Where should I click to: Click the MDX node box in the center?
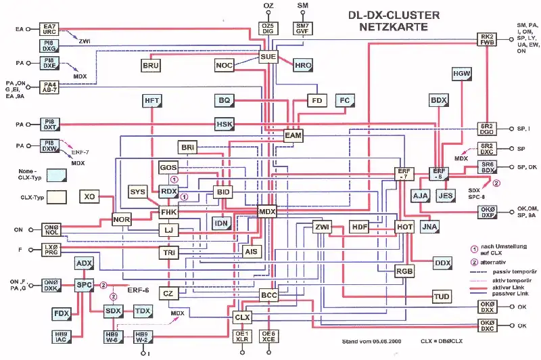268,212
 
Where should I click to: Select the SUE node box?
268,58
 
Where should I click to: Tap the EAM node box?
293,136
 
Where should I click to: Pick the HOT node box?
404,227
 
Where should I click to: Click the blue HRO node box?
303,66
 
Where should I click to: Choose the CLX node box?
242,317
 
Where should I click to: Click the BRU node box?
151,66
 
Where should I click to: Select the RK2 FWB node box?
488,39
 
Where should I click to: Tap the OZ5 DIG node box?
268,28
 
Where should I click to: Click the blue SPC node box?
84,285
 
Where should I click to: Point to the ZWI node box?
322,227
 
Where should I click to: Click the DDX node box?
442,263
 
